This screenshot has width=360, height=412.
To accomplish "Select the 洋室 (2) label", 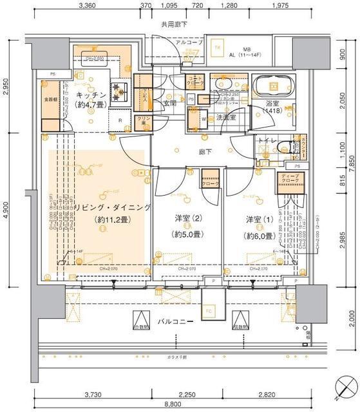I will pyautogui.click(x=185, y=220).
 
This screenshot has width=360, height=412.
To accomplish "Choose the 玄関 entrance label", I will pyautogui.click(x=170, y=103).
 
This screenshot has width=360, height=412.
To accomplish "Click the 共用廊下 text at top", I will pyautogui.click(x=173, y=24).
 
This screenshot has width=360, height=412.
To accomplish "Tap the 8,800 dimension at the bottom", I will pyautogui.click(x=172, y=403).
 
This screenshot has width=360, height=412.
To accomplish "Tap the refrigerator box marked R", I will pyautogui.click(x=120, y=120).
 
